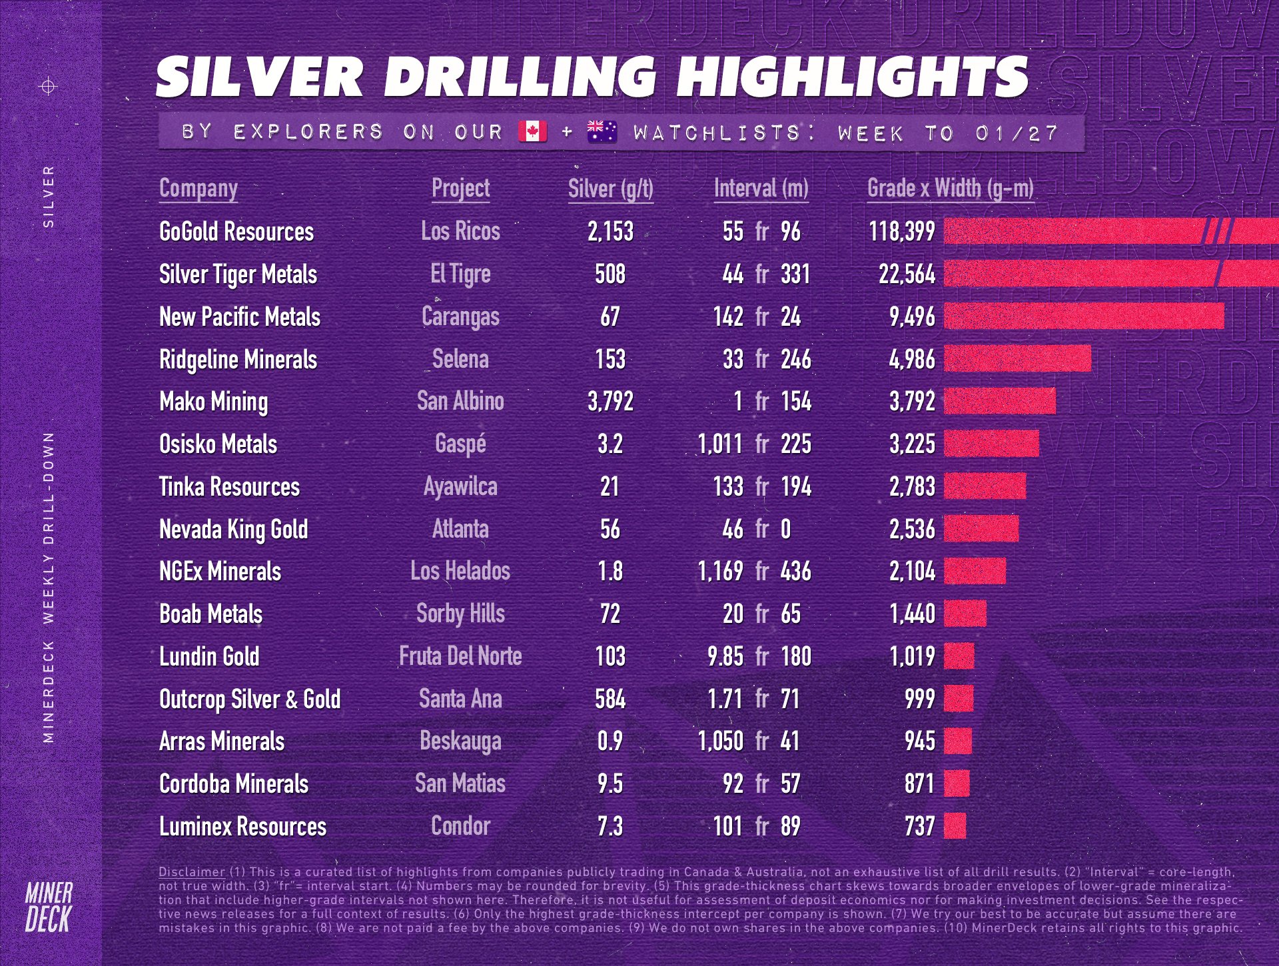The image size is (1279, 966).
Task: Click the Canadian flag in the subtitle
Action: [532, 131]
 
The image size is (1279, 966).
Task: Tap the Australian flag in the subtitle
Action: [602, 131]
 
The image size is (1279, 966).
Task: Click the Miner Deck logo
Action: [49, 907]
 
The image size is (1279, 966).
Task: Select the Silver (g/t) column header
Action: [610, 189]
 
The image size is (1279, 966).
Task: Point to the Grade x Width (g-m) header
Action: [950, 189]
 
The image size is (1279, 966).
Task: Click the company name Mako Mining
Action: [213, 402]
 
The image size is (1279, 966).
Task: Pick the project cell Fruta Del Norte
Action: [460, 656]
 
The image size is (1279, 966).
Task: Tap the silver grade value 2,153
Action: [610, 232]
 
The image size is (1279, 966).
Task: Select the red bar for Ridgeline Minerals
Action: [1017, 359]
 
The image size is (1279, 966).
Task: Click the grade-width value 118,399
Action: [901, 232]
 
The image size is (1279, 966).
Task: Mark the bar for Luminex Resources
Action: [955, 826]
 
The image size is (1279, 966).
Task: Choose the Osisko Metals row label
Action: [218, 444]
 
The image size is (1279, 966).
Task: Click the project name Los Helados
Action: [460, 572]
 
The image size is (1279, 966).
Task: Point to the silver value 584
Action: [610, 699]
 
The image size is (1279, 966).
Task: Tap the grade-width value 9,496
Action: [912, 317]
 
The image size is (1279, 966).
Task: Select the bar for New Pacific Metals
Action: [1084, 316]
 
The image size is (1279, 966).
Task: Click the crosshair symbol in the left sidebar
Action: [49, 86]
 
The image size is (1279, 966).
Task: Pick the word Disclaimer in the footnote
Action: [192, 871]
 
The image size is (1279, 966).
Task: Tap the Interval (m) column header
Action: [761, 189]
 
